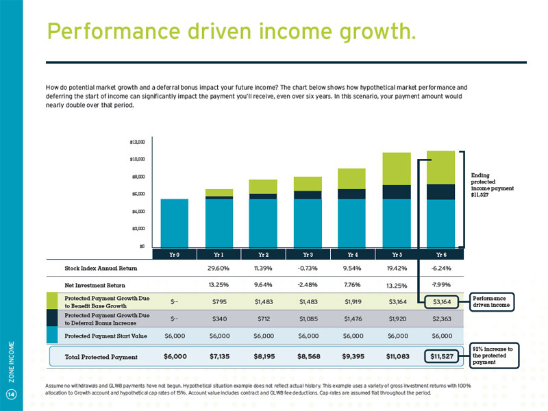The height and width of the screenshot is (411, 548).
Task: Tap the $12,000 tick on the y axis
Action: (137, 142)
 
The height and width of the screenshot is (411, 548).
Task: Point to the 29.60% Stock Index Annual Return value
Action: (218, 268)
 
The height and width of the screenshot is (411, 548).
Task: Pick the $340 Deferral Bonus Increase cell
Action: (218, 318)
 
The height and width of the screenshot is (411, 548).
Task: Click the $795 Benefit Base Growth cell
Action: (218, 301)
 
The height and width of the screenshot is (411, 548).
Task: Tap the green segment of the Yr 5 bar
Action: (396, 169)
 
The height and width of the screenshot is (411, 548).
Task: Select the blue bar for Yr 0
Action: (174, 222)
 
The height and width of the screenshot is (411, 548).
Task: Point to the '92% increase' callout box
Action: (493, 355)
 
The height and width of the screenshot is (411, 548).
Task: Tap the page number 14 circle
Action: (11, 393)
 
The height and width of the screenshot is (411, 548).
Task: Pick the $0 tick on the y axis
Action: (140, 246)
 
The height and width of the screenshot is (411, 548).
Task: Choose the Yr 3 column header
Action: (308, 254)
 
